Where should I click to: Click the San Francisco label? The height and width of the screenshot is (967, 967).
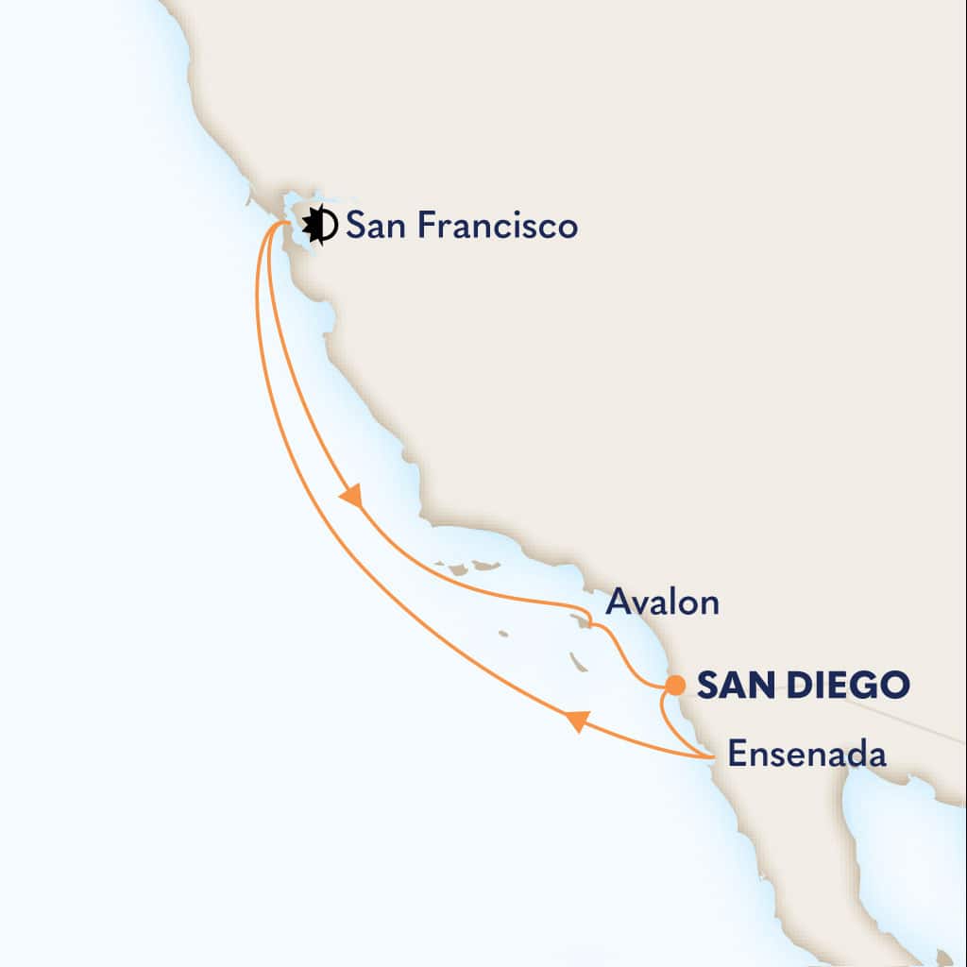click(461, 227)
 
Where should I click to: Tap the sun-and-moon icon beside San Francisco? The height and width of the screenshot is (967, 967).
click(320, 226)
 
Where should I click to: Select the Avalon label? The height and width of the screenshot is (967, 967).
click(662, 602)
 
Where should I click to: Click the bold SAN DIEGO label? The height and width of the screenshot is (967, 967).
click(803, 684)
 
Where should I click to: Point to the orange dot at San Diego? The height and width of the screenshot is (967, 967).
click(675, 684)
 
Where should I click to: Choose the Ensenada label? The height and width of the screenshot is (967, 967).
click(807, 755)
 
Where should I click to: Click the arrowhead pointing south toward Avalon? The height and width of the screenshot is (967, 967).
click(352, 497)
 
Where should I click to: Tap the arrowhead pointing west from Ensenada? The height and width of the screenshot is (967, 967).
click(575, 721)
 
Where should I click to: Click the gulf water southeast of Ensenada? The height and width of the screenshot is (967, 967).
click(897, 850)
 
